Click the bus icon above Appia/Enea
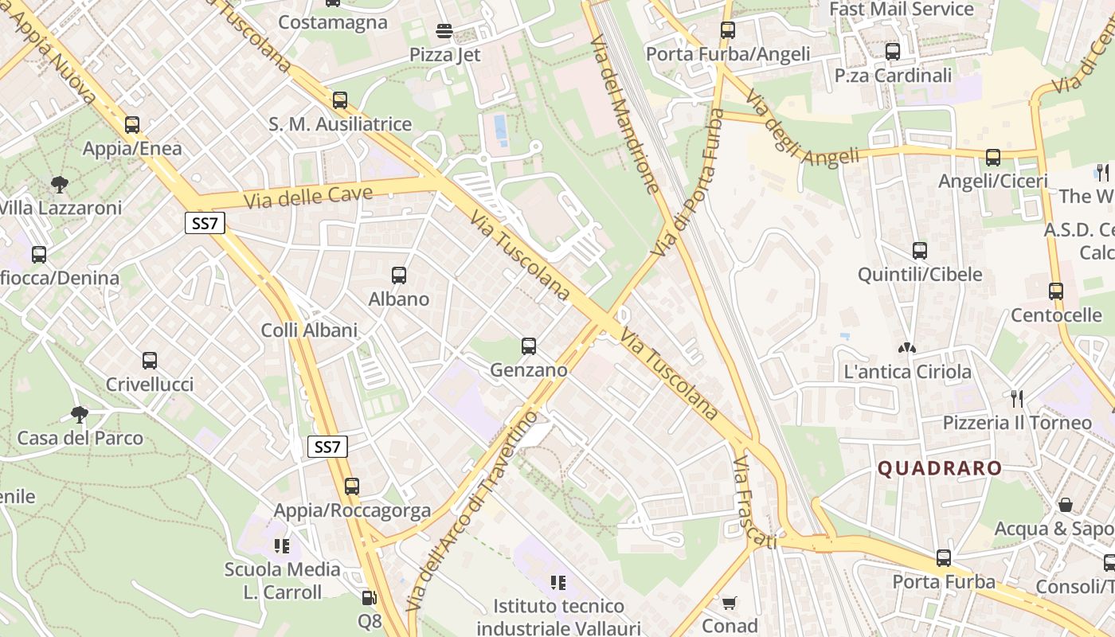pos(132,125)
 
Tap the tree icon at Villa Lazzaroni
pos(59,186)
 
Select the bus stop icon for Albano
pos(399,276)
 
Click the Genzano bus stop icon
pos(529,346)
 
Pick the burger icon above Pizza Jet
pos(444,31)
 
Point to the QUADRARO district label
pos(939,468)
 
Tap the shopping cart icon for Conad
pos(729,604)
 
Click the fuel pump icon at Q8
pos(370,597)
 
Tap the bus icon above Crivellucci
pos(150,361)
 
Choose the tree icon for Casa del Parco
pos(80,414)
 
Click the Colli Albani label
pos(310,330)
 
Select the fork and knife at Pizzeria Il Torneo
pos(1016,397)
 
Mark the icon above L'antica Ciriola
pos(906,348)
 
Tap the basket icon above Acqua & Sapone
pos(1066,505)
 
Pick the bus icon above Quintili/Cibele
pos(920,251)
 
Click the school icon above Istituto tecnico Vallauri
pos(558,583)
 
